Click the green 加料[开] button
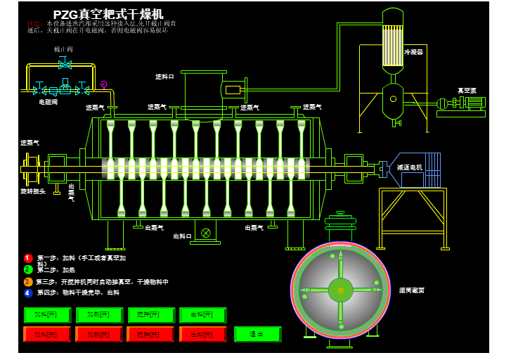point(47,315)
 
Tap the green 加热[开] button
point(99,315)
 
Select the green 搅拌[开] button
point(151,315)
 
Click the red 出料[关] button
point(202,335)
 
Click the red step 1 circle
point(28,258)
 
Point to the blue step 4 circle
point(28,293)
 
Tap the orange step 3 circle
point(28,282)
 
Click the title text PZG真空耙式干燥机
point(108,14)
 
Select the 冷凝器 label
point(413,52)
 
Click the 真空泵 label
point(467,90)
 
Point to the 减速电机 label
point(409,167)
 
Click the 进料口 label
point(164,76)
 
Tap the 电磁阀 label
point(48,102)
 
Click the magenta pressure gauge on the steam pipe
point(104,84)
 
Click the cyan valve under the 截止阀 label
point(65,64)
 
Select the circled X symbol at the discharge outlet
point(205,233)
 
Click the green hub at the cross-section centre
point(340,289)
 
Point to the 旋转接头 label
point(32,191)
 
